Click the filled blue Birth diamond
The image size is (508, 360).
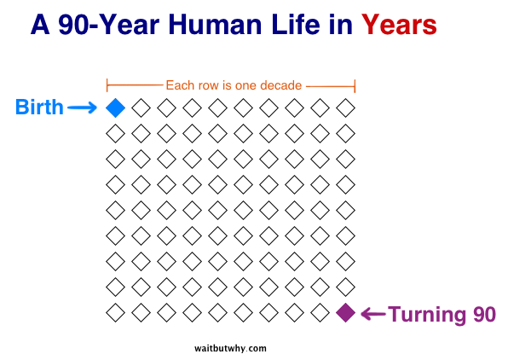coord(115,107)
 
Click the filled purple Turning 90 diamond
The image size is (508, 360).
coord(345,313)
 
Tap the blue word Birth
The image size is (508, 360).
coord(39,107)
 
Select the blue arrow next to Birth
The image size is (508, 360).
coord(83,107)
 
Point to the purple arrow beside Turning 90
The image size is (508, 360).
coord(373,314)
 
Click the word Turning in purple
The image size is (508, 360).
coord(428,314)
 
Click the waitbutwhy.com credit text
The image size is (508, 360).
coord(230,348)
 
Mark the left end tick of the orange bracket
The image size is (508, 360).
coord(107,85)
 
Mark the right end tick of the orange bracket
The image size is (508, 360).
coord(355,85)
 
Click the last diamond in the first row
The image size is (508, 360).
coord(345,107)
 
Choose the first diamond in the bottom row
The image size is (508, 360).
coord(115,313)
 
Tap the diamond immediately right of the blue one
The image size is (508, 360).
coord(141,107)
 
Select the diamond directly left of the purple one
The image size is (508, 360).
coord(320,313)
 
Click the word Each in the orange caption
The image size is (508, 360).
coord(179,85)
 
